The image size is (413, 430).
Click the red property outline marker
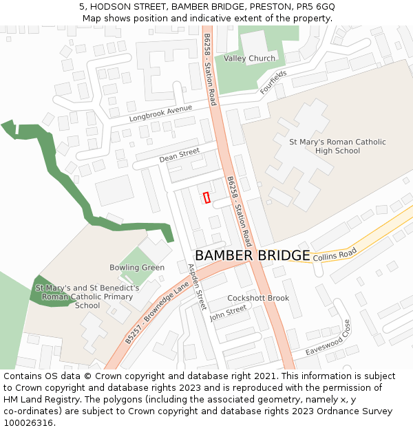tap(206, 197)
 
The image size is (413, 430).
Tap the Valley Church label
tap(249, 58)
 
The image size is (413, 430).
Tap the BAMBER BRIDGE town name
tap(252, 255)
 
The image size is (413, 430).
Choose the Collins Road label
tap(335, 255)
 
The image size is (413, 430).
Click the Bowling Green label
tap(137, 268)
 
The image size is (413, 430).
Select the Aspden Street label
tap(197, 287)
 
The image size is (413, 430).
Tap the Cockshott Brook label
tap(258, 298)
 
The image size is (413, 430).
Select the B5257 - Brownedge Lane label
tap(157, 316)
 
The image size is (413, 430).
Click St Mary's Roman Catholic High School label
tap(337, 147)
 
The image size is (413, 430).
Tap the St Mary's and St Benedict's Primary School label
tap(87, 297)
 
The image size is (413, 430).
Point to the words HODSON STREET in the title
tap(128, 7)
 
